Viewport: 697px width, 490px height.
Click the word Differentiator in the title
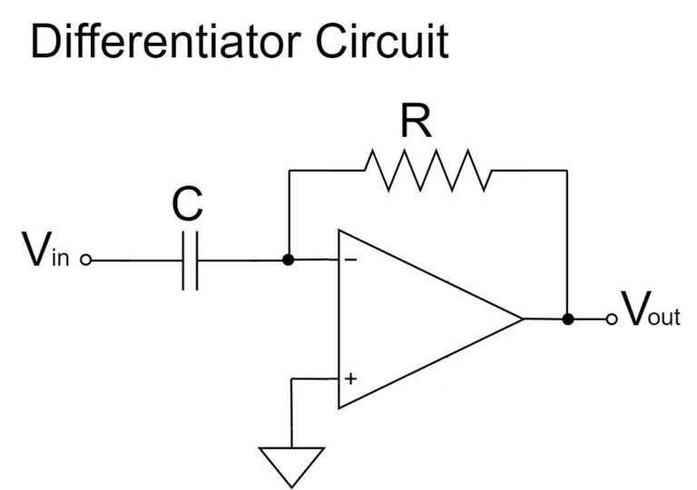(166, 41)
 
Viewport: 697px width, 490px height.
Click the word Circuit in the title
(382, 41)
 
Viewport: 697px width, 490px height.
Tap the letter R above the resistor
(416, 121)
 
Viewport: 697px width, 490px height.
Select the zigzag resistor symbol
(428, 171)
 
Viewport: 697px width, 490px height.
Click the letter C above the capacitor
(187, 204)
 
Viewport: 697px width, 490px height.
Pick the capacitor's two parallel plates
(191, 260)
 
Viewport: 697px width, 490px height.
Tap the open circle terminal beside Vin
(86, 260)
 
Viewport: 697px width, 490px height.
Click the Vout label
(651, 309)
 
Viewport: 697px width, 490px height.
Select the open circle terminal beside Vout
(612, 318)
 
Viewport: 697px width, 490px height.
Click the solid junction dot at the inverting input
(289, 260)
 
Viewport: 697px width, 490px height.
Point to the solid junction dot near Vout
(567, 318)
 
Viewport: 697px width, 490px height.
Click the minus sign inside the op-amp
(350, 260)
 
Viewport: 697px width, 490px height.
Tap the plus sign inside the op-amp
(350, 378)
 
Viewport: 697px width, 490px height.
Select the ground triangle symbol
(291, 467)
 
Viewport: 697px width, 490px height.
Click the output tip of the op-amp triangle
(523, 318)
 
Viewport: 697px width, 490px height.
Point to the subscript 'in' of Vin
(61, 258)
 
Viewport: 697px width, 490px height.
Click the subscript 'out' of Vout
(664, 317)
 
